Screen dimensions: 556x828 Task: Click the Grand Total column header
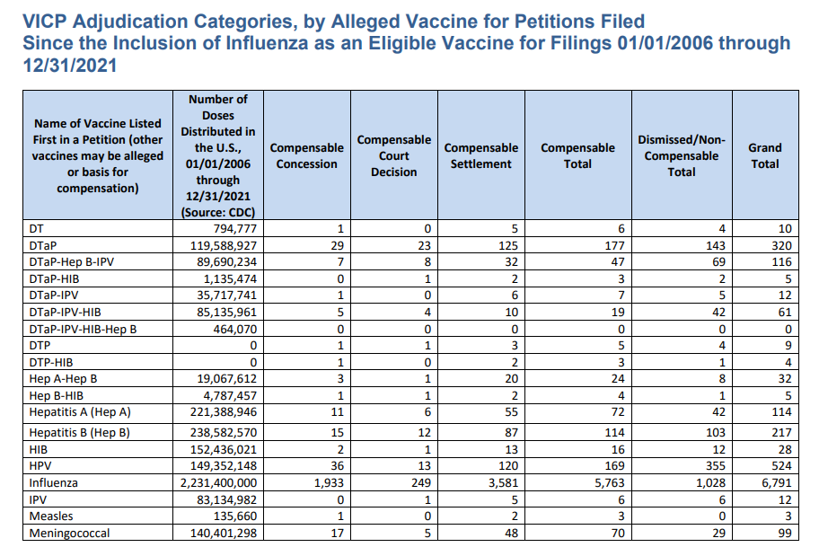click(765, 155)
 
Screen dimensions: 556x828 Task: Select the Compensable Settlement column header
click(481, 155)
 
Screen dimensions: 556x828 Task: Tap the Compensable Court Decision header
click(393, 155)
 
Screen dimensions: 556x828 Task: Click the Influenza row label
click(53, 482)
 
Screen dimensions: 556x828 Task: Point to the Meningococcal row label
click(70, 533)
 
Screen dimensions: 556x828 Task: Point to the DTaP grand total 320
click(781, 245)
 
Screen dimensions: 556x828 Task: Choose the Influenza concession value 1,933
click(328, 482)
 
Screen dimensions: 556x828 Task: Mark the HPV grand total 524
click(781, 465)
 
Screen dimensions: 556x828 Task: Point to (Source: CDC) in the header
click(218, 212)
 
